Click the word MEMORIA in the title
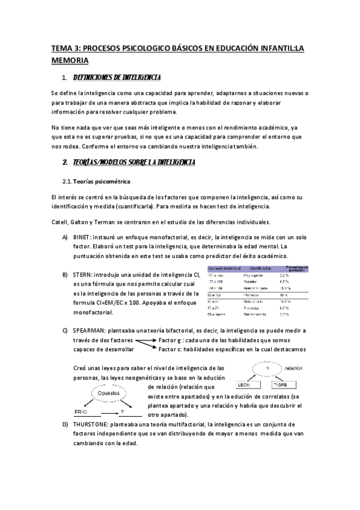[x=70, y=60]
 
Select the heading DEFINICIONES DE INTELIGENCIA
[x=116, y=78]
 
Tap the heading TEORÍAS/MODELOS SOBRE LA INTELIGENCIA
[x=133, y=163]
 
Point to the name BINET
[x=81, y=238]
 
